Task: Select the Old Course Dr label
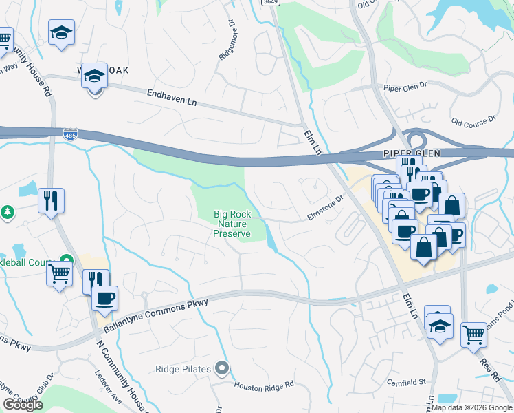pos(473,121)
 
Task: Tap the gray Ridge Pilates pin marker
pos(221,368)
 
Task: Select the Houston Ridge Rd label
pos(264,385)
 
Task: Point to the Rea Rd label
pos(489,365)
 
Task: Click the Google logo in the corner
pos(22,405)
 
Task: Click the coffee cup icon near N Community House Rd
pos(104,298)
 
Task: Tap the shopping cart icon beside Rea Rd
pos(473,335)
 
